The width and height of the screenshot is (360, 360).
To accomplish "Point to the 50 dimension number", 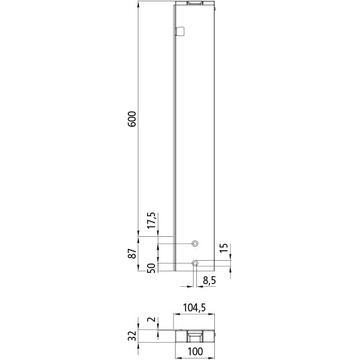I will tap(152, 268).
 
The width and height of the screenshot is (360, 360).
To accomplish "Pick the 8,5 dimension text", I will tap(208, 281).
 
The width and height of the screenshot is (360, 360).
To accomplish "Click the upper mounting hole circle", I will tap(195, 244).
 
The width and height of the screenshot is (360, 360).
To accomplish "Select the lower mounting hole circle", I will tap(195, 264).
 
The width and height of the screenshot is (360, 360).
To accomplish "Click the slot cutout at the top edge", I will tap(196, 4).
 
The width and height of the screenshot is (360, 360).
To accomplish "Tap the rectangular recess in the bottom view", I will tap(195, 336).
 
